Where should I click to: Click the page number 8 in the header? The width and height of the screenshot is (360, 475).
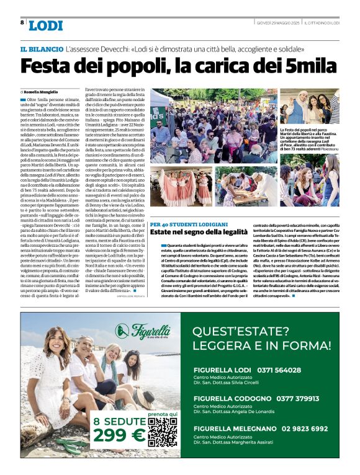[x=22, y=22]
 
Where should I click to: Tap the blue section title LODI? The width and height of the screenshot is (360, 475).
[x=46, y=25]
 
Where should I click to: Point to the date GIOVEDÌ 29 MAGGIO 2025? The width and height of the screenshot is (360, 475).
[x=278, y=23]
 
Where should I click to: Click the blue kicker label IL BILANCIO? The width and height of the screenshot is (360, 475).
[x=42, y=49]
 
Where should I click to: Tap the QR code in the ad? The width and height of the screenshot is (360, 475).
[x=163, y=432]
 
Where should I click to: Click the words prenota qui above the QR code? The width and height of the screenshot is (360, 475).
[x=163, y=413]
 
